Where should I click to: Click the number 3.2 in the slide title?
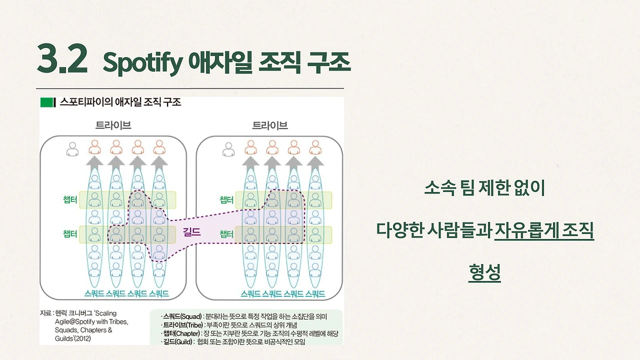pyautogui.click(x=62, y=59)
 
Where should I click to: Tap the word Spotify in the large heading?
pyautogui.click(x=141, y=62)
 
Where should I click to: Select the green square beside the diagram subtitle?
pyautogui.click(x=47, y=102)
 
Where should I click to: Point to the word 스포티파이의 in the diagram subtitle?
pyautogui.click(x=81, y=102)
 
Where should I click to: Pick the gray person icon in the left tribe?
pyautogui.click(x=73, y=148)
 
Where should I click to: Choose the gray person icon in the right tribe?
pyautogui.click(x=229, y=148)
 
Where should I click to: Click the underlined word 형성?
pyautogui.click(x=484, y=272)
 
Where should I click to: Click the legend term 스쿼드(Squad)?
pyautogui.click(x=182, y=316)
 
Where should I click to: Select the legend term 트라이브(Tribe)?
pyautogui.click(x=183, y=325)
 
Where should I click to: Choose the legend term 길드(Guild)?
pyautogui.click(x=178, y=342)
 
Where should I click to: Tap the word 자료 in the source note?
pyautogui.click(x=45, y=313)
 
